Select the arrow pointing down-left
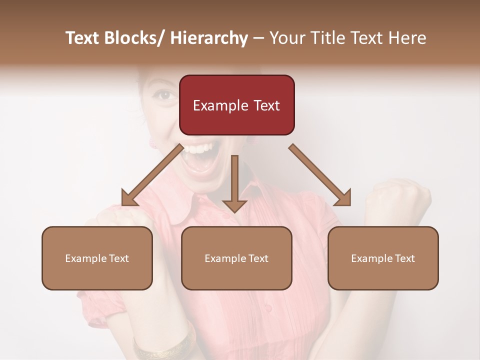pos(152,175)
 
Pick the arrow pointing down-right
pos(320,175)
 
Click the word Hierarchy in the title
pos(209,38)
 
